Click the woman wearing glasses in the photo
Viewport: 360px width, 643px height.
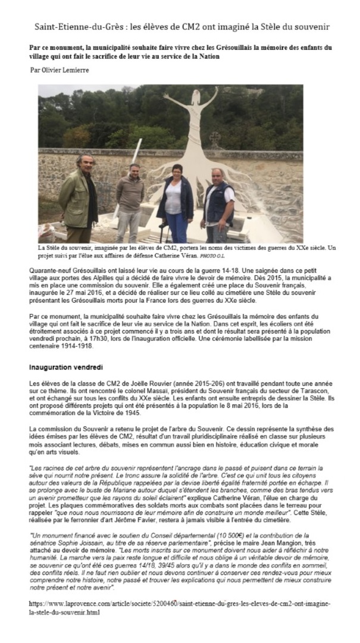(x=176, y=199)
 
